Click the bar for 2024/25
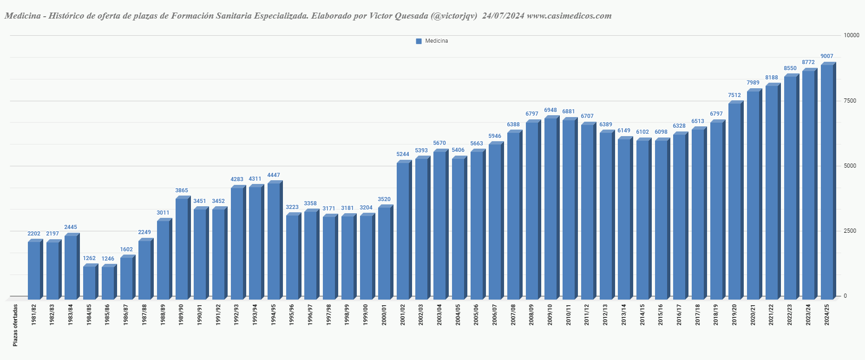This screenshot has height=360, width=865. tap(827, 181)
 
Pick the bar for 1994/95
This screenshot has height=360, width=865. tap(274, 241)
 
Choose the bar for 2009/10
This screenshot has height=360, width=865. tap(550, 209)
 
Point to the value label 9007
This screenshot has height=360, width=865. tap(827, 56)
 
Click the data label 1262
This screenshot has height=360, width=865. tap(89, 258)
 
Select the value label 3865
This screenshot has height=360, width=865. tap(182, 190)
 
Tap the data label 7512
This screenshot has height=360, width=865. tap(734, 95)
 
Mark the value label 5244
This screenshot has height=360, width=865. tap(403, 154)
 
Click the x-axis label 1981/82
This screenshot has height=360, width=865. tap(33, 315)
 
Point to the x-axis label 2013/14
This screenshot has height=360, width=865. tap(623, 315)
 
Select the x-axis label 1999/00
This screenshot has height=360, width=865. tap(366, 315)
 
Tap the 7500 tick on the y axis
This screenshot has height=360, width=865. tap(850, 101)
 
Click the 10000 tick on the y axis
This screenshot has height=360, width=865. tap(851, 35)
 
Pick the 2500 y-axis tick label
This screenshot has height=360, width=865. tap(850, 231)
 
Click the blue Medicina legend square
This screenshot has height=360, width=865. tap(419, 41)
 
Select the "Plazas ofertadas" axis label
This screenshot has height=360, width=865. tap(15, 325)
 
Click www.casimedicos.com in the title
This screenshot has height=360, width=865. tap(569, 16)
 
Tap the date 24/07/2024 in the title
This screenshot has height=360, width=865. tap(503, 16)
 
